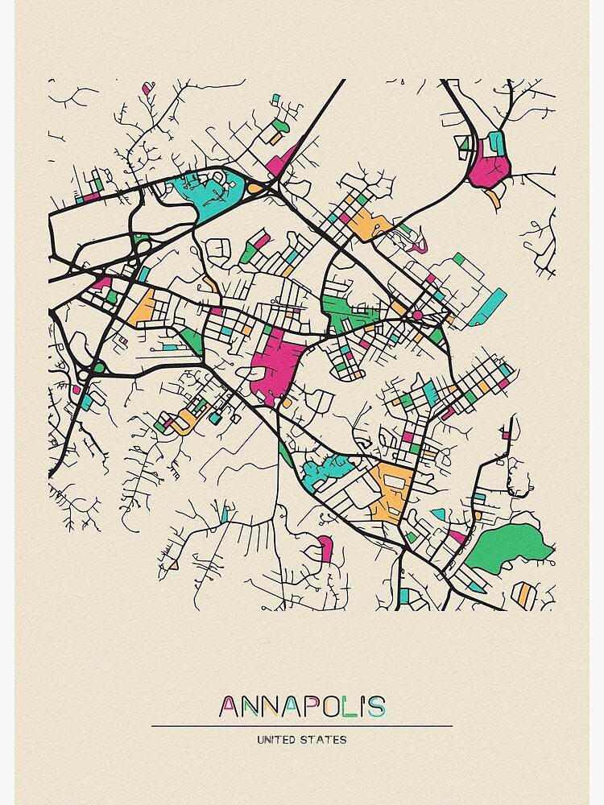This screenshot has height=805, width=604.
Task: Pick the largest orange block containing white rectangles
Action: [x=392, y=488]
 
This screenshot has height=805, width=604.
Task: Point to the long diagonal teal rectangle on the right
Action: [x=488, y=307]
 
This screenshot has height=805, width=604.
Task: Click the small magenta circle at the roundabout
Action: [x=417, y=315]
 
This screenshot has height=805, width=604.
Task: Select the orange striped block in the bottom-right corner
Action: [x=524, y=596]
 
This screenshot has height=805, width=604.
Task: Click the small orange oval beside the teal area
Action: [x=254, y=188]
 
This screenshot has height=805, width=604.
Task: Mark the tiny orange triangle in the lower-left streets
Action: [x=173, y=566]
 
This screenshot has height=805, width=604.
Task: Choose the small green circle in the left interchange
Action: [x=98, y=368]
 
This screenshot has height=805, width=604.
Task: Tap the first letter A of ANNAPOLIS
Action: [x=229, y=707]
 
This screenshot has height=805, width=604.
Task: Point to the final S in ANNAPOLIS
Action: [x=376, y=707]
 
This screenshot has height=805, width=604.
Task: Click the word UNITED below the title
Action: [x=278, y=739]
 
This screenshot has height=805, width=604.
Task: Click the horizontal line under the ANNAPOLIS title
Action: [x=302, y=725]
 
